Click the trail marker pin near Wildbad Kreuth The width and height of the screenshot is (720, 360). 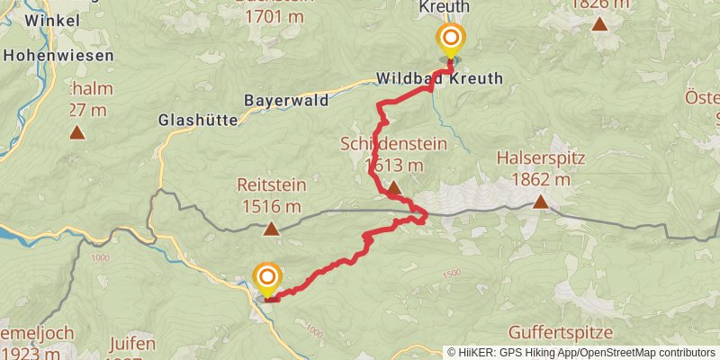click(x=450, y=40)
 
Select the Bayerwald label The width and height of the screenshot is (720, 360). click(x=286, y=100)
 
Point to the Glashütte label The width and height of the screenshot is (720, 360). click(x=198, y=120)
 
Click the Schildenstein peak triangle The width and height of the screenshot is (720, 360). click(x=393, y=187)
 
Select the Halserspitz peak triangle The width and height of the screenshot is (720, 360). click(x=540, y=202)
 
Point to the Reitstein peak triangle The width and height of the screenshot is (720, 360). click(x=271, y=229)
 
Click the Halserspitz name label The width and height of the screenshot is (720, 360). click(x=541, y=159)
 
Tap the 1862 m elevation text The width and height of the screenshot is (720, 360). click(x=541, y=179)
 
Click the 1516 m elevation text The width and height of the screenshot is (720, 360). click(x=271, y=206)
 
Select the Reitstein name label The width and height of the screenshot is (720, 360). click(x=271, y=185)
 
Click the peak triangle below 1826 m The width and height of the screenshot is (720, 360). click(x=599, y=23)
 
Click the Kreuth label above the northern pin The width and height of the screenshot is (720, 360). click(x=444, y=7)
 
